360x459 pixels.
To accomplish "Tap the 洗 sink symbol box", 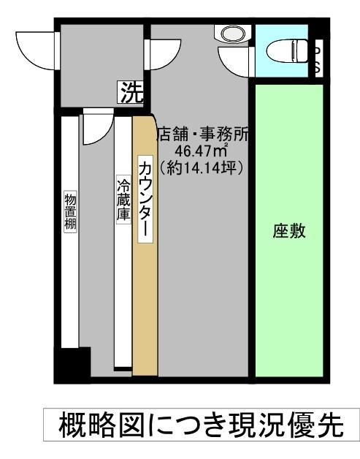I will click(132, 92).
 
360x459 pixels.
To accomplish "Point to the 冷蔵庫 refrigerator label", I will click(123, 199).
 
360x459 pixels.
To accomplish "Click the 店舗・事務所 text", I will click(203, 134).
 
